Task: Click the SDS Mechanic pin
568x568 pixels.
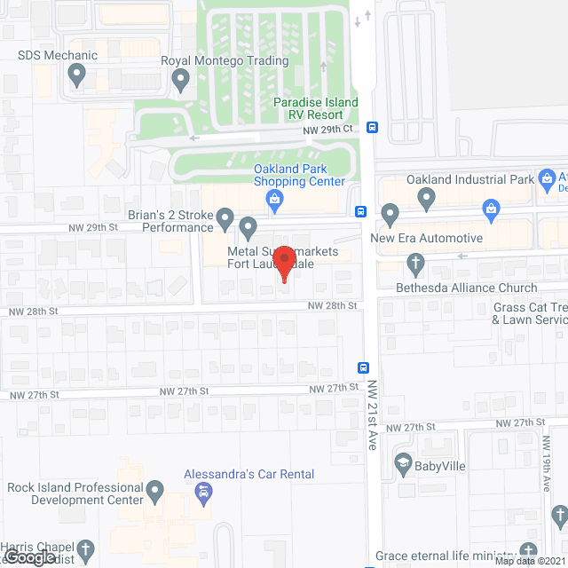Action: click(76, 78)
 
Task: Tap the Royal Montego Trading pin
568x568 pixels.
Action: click(181, 83)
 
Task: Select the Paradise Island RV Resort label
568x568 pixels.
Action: click(316, 108)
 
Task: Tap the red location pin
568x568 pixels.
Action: click(284, 263)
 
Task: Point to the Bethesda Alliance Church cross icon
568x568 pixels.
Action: click(414, 264)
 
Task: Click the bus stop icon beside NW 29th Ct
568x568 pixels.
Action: click(373, 127)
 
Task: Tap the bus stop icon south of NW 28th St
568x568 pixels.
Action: click(364, 367)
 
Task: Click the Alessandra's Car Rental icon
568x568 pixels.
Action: click(203, 493)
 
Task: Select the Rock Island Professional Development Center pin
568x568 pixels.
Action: click(155, 490)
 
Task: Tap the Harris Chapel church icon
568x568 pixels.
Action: click(86, 550)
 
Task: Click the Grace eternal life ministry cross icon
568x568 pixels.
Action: click(530, 551)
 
